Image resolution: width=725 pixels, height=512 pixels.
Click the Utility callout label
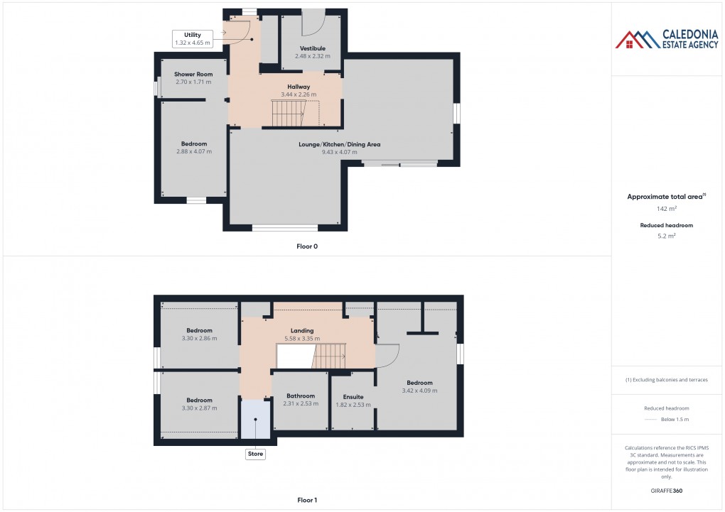(x=193, y=35)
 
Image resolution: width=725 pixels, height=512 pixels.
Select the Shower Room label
(x=193, y=74)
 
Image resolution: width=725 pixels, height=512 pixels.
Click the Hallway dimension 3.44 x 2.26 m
(x=299, y=94)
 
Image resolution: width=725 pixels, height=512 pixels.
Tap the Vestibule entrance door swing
(x=311, y=23)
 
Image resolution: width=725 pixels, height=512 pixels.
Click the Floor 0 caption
(x=307, y=246)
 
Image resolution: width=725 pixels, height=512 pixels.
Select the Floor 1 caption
(x=307, y=500)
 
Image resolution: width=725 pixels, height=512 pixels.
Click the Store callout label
(x=255, y=454)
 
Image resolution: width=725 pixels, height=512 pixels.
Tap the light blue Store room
(x=254, y=419)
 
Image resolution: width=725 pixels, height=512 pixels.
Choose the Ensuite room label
(x=353, y=397)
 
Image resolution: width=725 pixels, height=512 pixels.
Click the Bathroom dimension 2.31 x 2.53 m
(x=301, y=403)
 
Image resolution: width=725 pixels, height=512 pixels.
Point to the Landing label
(x=302, y=331)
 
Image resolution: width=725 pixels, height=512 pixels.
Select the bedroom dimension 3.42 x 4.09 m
(x=419, y=390)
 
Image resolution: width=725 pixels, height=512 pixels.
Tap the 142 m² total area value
(x=666, y=209)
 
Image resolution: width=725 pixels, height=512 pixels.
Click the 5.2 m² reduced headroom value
(x=666, y=235)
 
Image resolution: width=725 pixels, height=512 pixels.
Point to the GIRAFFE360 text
(x=666, y=490)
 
